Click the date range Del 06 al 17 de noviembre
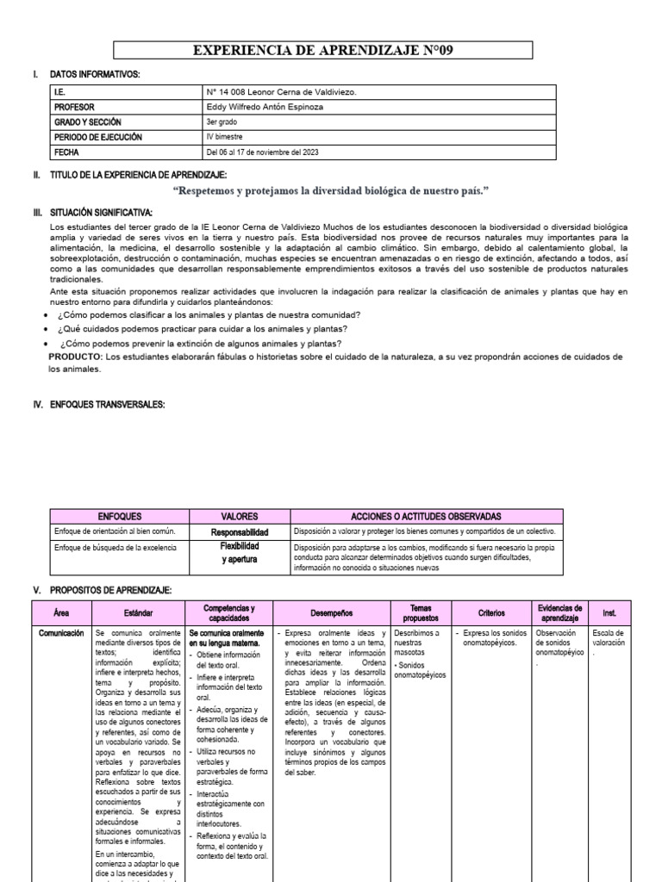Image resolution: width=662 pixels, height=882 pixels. pos(273,152)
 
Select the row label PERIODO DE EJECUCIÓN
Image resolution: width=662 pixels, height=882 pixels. pos(97,137)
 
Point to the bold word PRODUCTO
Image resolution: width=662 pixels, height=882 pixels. pos(76,356)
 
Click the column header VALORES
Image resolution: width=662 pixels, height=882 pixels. pos(239,516)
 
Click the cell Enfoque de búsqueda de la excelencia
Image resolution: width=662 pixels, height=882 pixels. pos(115,549)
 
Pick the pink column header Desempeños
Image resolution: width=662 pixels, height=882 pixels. pos(332,613)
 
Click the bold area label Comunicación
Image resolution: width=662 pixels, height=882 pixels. pos(61,633)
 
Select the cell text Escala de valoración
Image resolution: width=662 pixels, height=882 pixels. pos(609,637)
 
